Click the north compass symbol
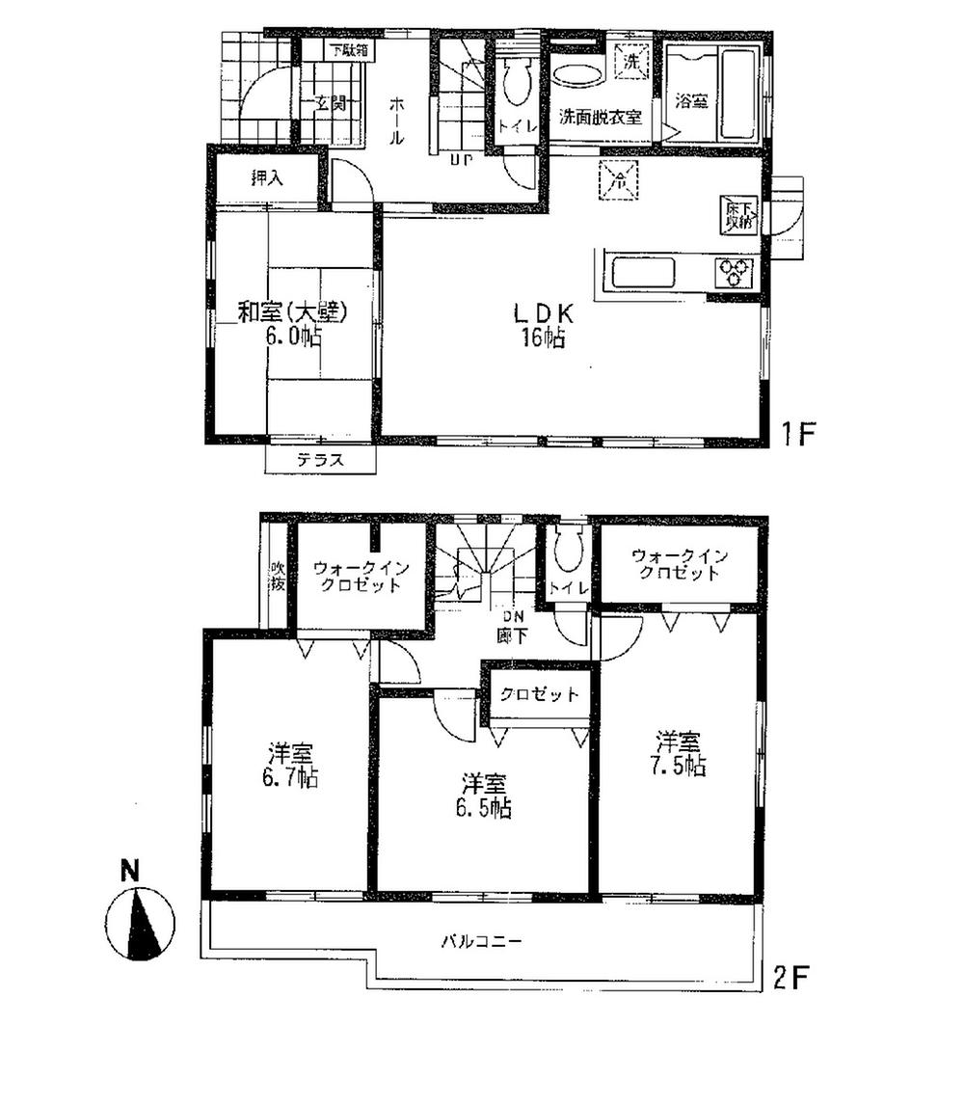coord(142,922)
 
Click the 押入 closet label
coord(267,177)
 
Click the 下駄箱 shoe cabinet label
coord(347,50)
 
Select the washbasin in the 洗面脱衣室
coord(576,77)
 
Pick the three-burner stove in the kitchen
coord(736,272)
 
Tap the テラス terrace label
coord(319,461)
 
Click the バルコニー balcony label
coord(482,941)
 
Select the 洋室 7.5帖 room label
coord(681,753)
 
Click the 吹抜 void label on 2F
coord(277,576)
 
